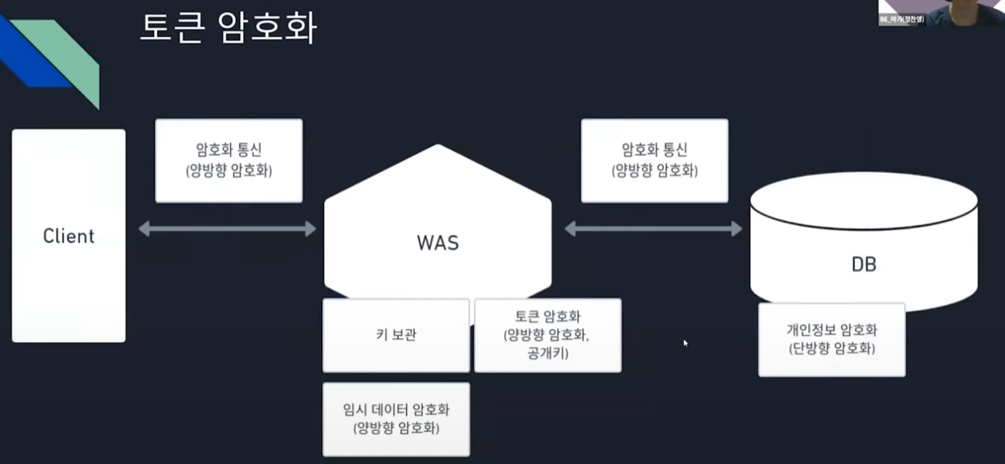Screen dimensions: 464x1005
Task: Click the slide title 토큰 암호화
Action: point(228,28)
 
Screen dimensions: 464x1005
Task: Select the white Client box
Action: point(69,236)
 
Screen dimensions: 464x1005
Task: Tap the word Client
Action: point(69,236)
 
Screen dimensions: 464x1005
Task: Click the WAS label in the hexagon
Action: point(438,242)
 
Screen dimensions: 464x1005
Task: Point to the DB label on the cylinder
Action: point(864,264)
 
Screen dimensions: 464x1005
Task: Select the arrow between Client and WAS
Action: point(227,229)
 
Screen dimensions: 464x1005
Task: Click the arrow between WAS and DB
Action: point(652,229)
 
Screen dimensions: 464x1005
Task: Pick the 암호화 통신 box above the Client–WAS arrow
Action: point(228,161)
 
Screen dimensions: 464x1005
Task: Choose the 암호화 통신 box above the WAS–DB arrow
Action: point(654,161)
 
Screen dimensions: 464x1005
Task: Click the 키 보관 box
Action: point(396,335)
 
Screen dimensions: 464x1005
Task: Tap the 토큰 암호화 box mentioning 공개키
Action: point(547,335)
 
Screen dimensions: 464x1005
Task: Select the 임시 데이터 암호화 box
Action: point(396,419)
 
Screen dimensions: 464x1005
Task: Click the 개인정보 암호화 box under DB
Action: point(831,340)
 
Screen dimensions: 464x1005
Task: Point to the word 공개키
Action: point(547,353)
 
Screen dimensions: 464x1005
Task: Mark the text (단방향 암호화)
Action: point(831,349)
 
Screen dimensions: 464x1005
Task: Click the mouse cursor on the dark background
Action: point(685,343)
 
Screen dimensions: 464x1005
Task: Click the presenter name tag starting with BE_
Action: point(902,19)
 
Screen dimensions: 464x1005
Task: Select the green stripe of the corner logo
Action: point(77,61)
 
